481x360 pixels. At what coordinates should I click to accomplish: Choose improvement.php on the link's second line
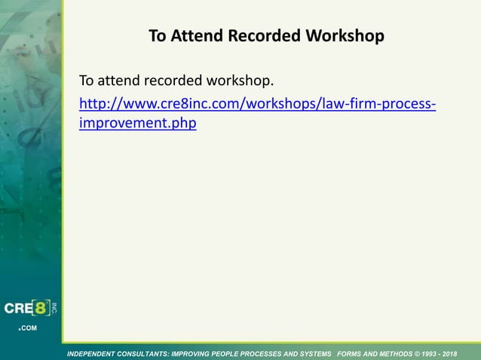[x=138, y=123]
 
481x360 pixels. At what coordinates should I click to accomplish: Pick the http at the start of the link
[x=93, y=103]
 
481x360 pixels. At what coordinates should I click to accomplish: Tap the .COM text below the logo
[x=27, y=328]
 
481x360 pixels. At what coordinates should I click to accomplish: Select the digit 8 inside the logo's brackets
[x=44, y=309]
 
